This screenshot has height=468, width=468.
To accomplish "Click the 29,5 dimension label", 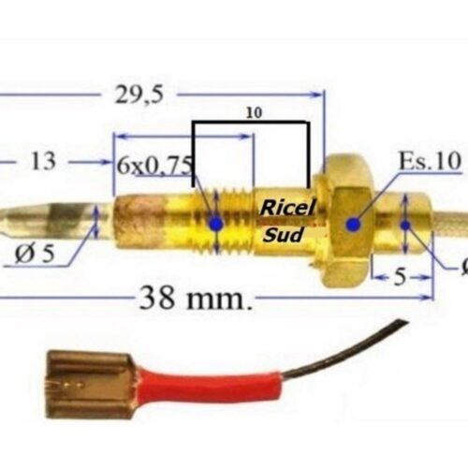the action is click(139, 95).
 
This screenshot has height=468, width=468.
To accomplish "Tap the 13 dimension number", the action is click(43, 161).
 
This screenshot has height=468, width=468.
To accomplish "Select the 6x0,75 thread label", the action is click(154, 166).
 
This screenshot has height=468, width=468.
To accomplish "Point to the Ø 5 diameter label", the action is click(35, 254).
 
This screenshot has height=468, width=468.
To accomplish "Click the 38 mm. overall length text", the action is click(195, 297).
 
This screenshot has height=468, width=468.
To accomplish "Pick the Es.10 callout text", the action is click(430, 161).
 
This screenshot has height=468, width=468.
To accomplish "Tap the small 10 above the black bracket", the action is click(255, 113).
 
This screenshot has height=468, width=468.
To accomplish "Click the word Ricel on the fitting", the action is click(287, 208).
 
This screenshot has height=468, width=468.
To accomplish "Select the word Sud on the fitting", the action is click(283, 235).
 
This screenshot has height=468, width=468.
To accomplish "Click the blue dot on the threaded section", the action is click(216, 224).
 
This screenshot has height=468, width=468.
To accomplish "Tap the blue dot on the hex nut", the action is click(353, 224).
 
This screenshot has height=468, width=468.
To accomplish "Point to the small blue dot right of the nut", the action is click(405, 225).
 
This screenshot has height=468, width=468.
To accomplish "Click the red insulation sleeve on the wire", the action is click(212, 386).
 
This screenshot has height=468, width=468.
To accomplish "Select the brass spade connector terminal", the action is click(91, 384).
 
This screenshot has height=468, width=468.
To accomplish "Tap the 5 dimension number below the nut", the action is click(401, 277).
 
